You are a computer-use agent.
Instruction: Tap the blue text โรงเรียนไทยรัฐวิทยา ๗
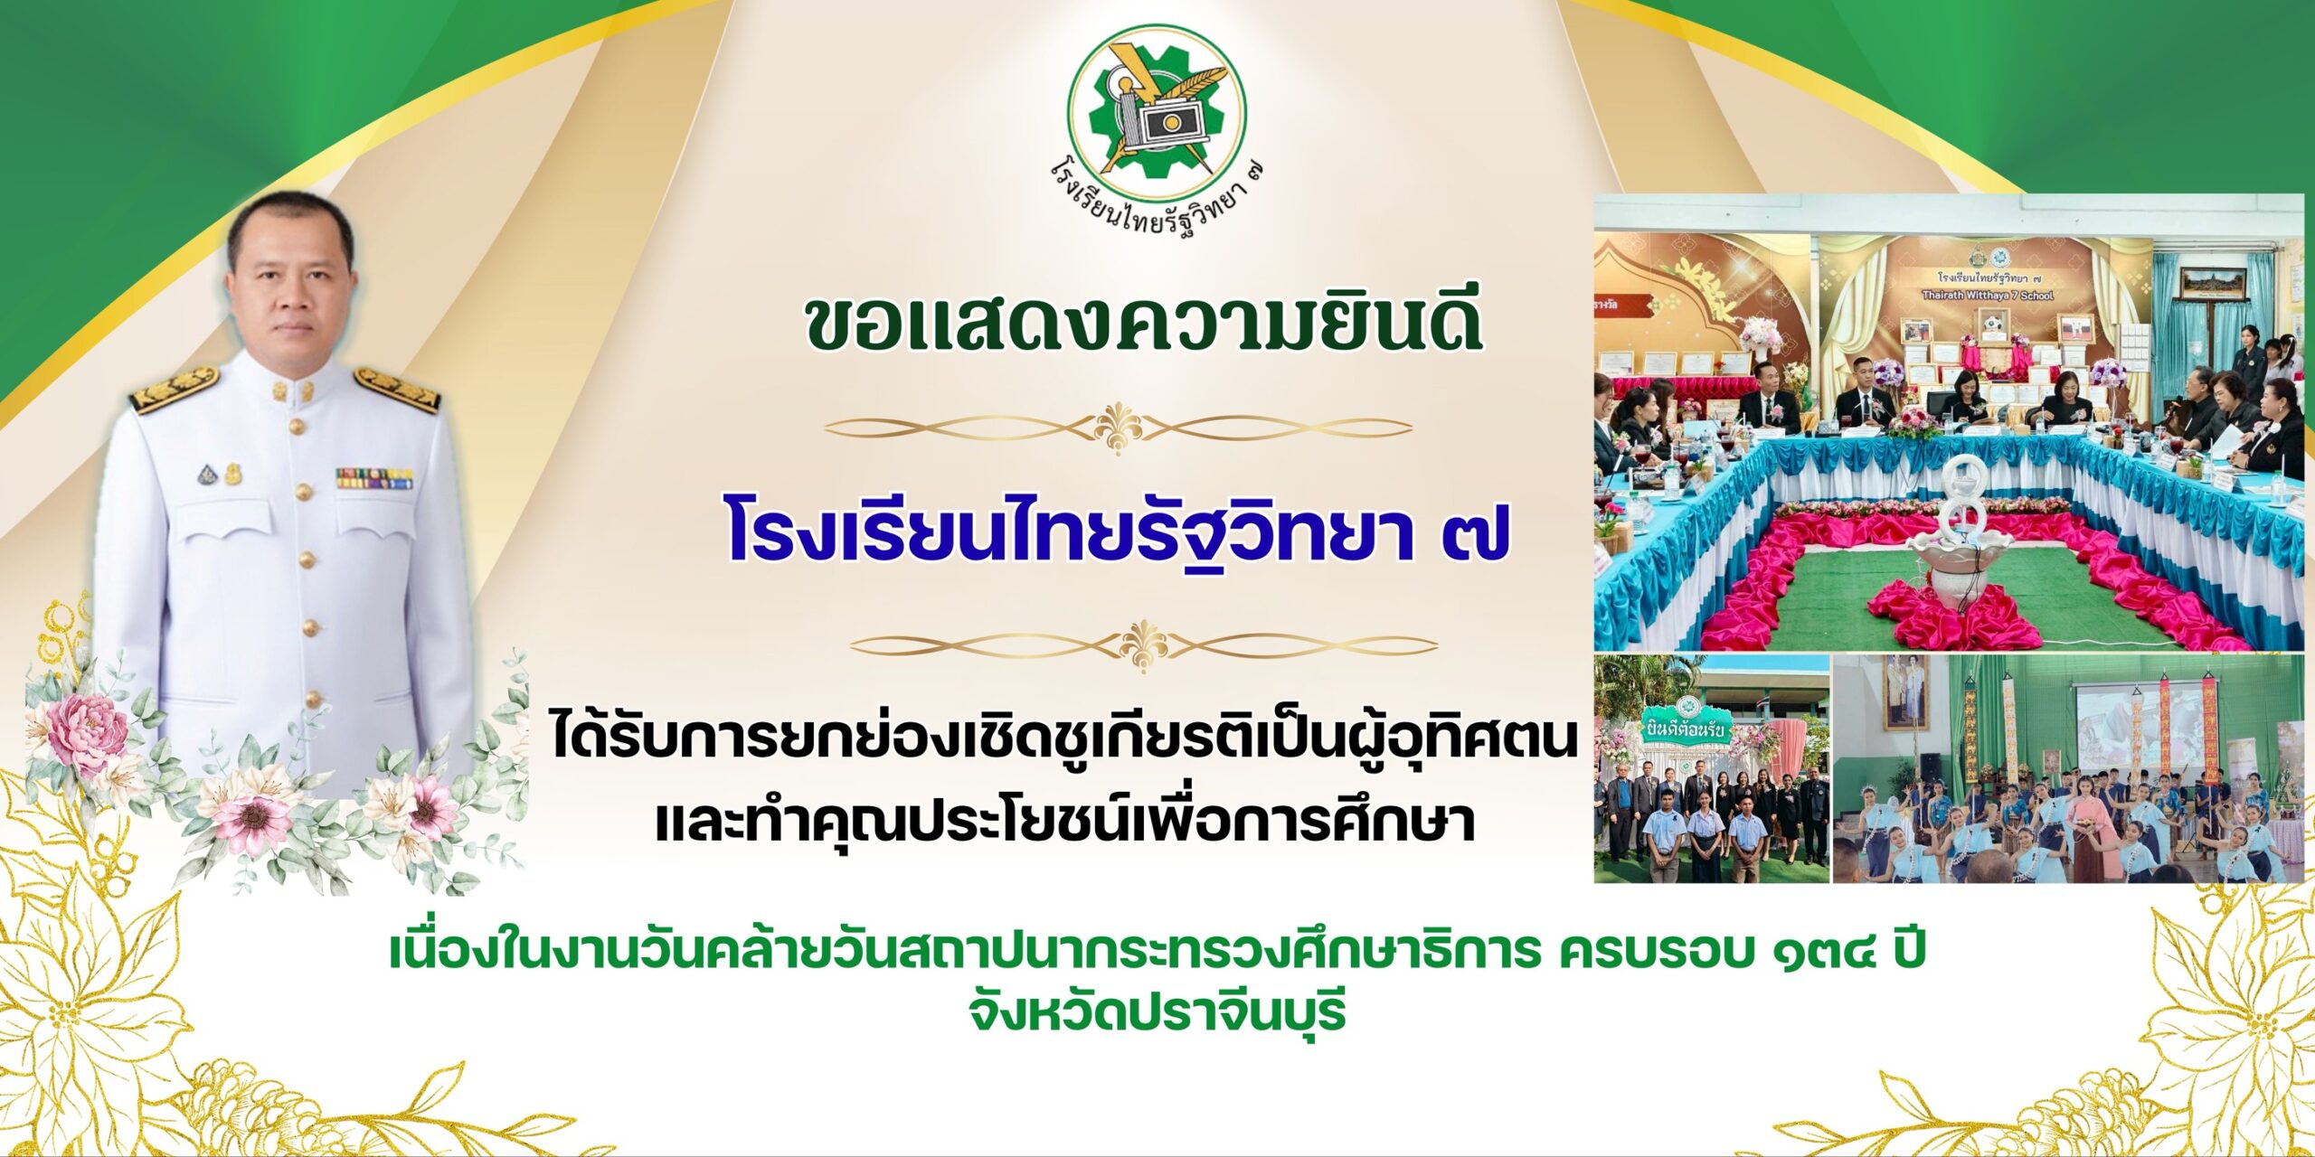click(1119, 531)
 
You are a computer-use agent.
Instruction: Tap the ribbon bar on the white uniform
click(374, 477)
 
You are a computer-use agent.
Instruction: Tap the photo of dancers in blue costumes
click(2070, 768)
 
